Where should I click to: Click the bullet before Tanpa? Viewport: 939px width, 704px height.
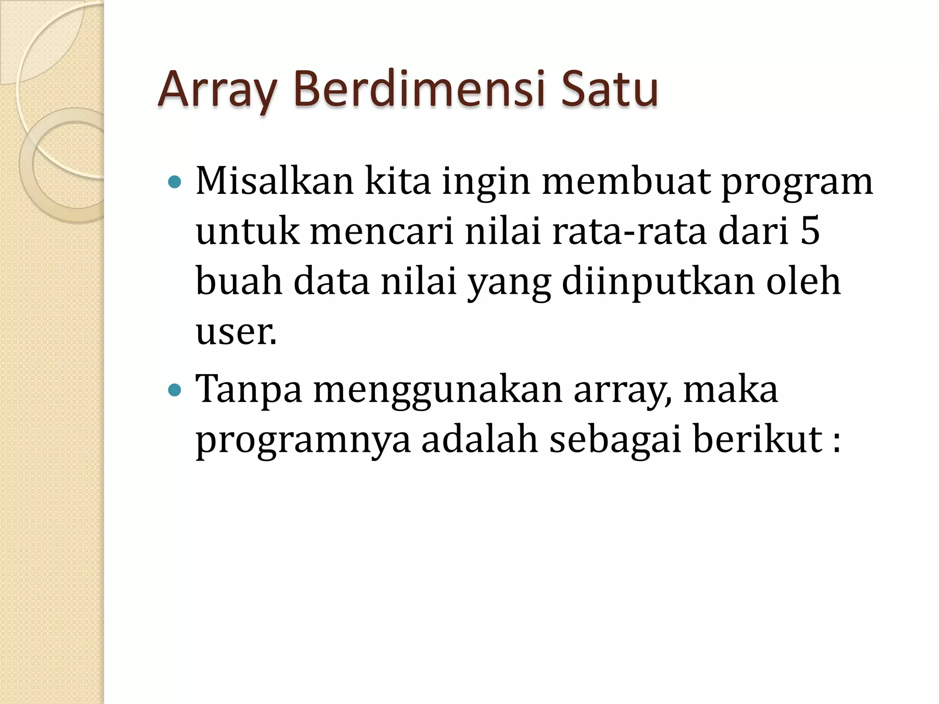(175, 390)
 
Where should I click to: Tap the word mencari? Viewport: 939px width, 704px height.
(382, 231)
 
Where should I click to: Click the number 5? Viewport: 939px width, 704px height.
(810, 231)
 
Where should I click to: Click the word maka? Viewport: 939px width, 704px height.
(730, 390)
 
